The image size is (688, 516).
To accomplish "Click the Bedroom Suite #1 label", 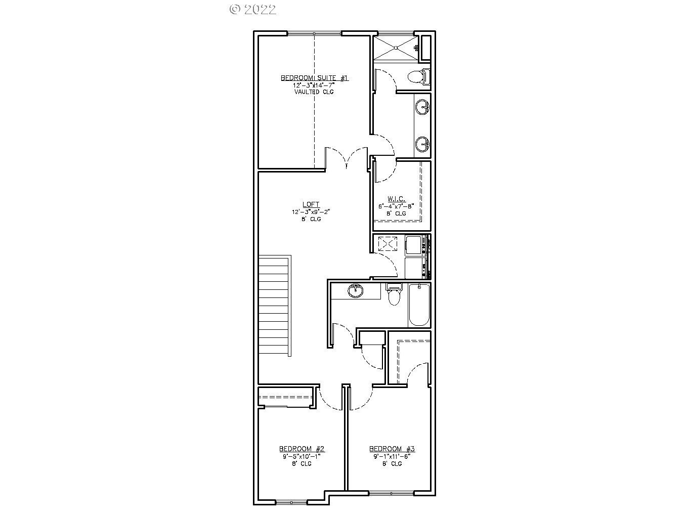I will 314,78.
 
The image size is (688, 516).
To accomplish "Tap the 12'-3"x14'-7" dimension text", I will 314,85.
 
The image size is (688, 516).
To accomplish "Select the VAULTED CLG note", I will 314,92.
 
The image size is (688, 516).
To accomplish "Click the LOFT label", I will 311,204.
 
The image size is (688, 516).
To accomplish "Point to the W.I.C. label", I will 396,199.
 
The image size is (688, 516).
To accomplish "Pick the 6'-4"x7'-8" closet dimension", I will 396,206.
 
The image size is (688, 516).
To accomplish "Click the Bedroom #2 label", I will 302,449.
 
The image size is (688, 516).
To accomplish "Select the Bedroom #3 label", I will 392,449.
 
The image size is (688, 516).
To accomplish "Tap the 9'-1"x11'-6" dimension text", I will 392,456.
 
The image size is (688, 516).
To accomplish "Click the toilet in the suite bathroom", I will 418,77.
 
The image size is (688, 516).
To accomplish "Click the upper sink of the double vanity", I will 422,107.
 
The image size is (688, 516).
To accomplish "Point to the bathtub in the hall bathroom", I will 419,305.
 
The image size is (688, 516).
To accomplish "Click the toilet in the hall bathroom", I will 394,295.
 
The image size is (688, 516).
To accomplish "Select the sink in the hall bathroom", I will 356,291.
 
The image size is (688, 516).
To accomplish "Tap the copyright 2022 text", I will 252,9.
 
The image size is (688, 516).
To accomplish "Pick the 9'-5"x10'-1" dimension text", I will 302,456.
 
